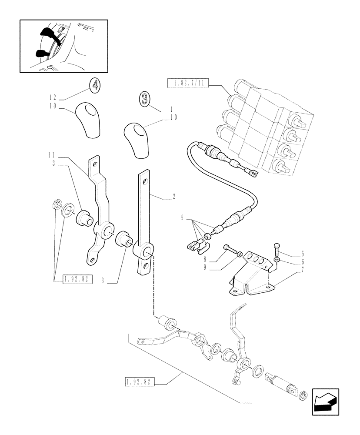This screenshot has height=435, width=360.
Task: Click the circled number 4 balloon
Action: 95,85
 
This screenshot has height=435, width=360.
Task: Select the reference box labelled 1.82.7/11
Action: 188,82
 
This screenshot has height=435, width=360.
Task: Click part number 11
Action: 51,155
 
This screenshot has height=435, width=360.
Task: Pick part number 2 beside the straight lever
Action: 173,197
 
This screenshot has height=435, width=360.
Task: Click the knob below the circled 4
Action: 90,120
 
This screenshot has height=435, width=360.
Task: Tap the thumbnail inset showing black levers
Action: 63,46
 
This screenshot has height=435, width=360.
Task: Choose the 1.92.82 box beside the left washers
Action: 78,280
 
